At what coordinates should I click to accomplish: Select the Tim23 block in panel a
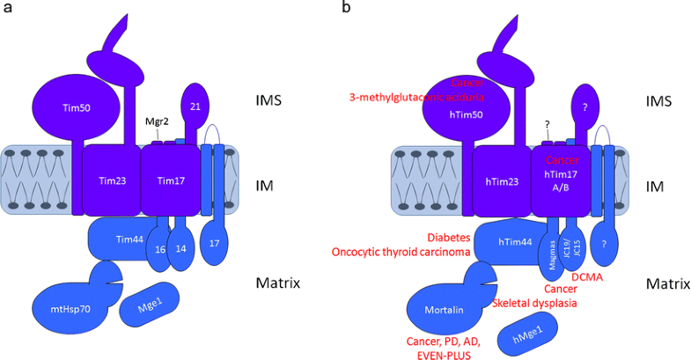tap(112, 180)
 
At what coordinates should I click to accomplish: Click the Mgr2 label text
tap(158, 122)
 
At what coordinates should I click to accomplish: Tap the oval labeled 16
tap(159, 249)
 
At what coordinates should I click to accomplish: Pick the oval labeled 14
tap(180, 249)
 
